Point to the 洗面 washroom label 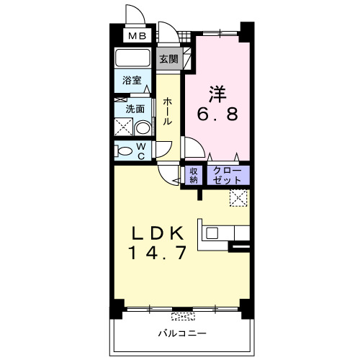pos(135,109)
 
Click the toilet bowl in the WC pos(127,152)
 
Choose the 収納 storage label pos(194,175)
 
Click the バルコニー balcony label pos(183,334)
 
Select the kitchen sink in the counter pos(213,233)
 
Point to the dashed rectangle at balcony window pos(183,315)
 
